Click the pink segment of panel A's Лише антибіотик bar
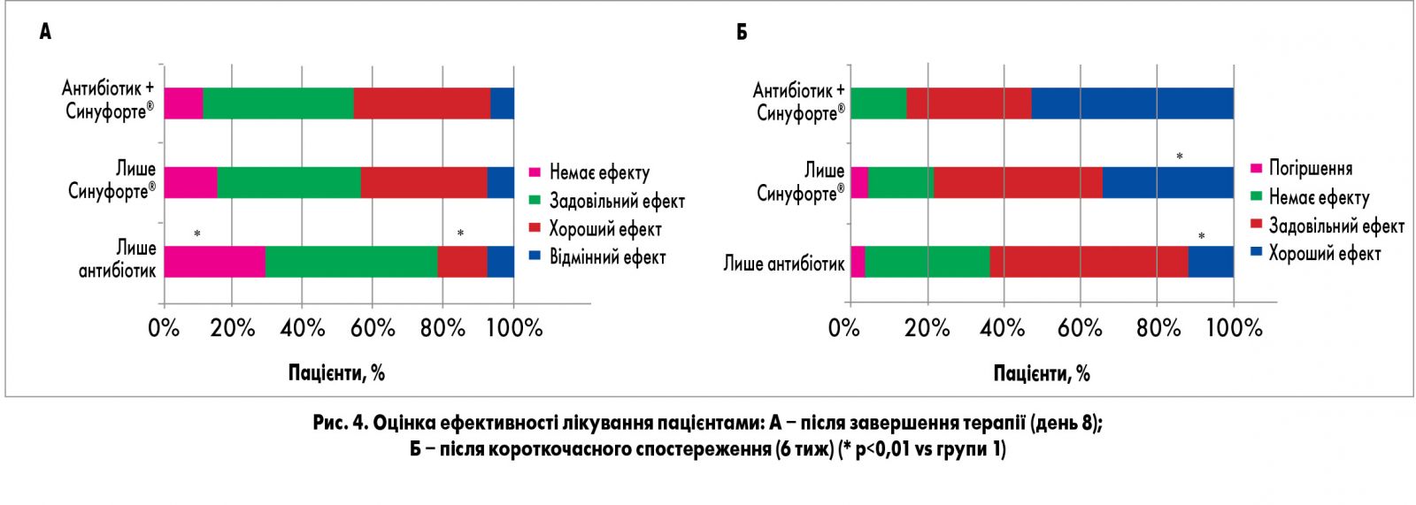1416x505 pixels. tap(214, 262)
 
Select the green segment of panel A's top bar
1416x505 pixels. tap(278, 103)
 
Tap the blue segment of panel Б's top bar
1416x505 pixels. tap(1132, 103)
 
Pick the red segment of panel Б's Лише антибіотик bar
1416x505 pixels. tap(1089, 262)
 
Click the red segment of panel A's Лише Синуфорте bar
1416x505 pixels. tap(424, 182)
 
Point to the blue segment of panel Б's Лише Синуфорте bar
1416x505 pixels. tap(1168, 182)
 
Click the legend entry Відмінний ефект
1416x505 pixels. tap(607, 257)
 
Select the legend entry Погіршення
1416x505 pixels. tap(1310, 168)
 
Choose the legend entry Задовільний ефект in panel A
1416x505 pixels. tap(616, 201)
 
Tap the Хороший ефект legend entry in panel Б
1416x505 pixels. tap(1324, 254)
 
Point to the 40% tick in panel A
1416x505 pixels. tap(303, 328)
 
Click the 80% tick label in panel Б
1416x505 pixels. tap(1158, 328)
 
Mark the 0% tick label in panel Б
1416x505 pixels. tap(843, 328)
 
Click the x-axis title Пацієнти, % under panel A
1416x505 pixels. tap(336, 372)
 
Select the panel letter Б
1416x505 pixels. tap(742, 32)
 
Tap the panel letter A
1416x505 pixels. tap(45, 32)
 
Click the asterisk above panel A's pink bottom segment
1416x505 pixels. tap(197, 234)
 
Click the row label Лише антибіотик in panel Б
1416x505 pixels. tap(783, 264)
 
